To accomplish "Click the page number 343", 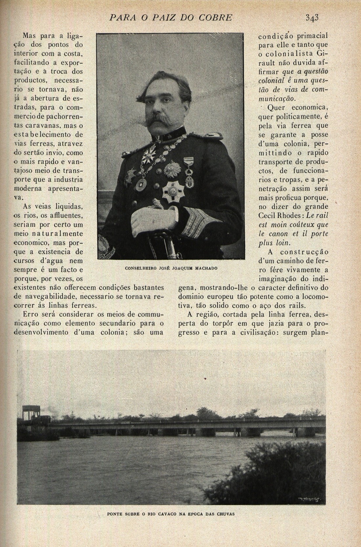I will coord(312,17).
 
